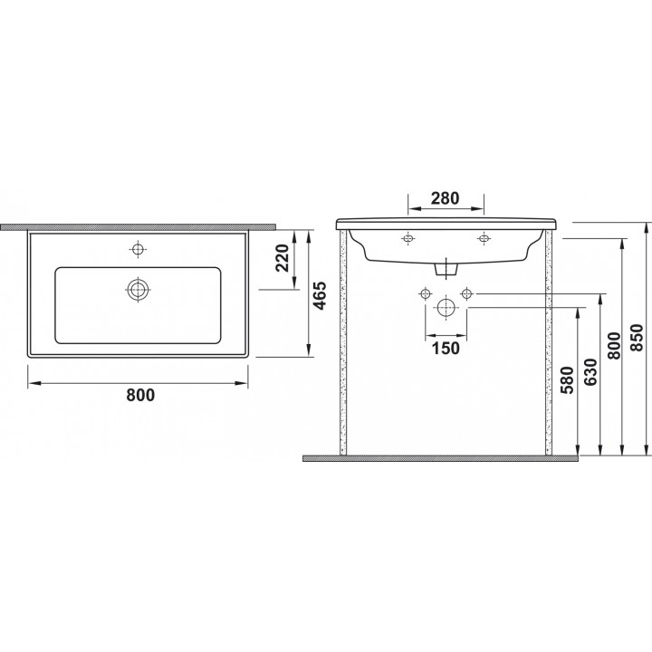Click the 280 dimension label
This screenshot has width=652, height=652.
click(445, 198)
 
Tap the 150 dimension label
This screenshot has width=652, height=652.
click(446, 348)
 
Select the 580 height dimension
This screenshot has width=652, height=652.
click(567, 380)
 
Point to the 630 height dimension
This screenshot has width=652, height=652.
click(590, 372)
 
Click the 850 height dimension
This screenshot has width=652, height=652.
click(638, 337)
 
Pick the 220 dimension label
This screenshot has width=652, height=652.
click(283, 258)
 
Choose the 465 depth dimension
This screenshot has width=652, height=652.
click(321, 296)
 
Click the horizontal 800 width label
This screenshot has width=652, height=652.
click(140, 395)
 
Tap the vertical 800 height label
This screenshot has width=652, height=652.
click(614, 346)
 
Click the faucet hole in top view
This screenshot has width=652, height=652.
click(138, 249)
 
